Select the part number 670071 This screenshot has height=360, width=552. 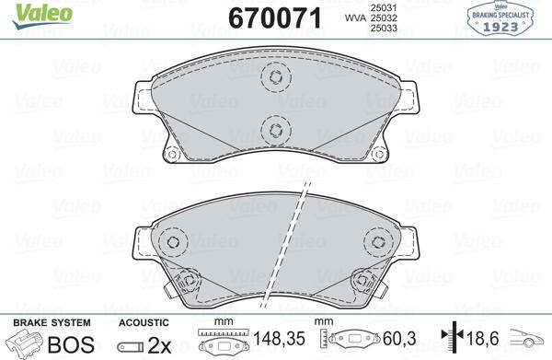[267, 18]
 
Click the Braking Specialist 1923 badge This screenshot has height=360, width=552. [501, 18]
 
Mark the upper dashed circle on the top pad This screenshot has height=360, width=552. [274, 77]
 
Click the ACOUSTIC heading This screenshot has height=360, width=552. [144, 322]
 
